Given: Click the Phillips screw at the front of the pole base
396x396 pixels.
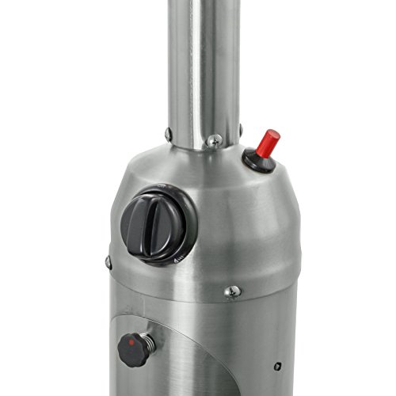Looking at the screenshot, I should point(215,140).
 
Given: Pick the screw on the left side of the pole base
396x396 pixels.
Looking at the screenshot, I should point(169,133).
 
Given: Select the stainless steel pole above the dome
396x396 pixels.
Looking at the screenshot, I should point(205,63).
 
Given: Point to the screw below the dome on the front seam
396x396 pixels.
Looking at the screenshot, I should point(232,292).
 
